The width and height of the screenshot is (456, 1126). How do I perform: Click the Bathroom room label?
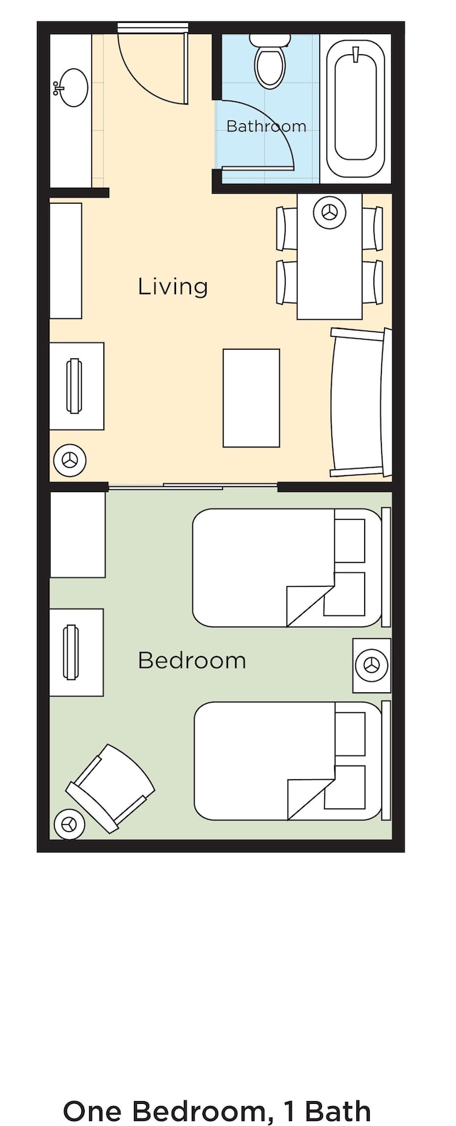click(266, 125)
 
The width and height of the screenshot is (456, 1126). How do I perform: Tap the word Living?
click(172, 286)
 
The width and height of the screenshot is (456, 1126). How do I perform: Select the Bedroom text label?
click(192, 660)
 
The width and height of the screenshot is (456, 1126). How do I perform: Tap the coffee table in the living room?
click(252, 397)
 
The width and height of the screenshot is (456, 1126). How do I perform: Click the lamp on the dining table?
click(330, 212)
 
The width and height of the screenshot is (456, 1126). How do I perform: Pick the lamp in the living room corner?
click(69, 459)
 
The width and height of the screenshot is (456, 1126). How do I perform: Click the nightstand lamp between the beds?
click(372, 665)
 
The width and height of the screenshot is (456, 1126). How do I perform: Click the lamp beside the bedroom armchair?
click(69, 824)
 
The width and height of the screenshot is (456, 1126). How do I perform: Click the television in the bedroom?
click(71, 652)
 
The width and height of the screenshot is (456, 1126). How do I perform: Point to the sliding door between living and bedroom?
click(193, 486)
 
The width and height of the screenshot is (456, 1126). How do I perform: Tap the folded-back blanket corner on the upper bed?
click(310, 606)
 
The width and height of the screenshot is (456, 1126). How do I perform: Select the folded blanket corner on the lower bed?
click(311, 799)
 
